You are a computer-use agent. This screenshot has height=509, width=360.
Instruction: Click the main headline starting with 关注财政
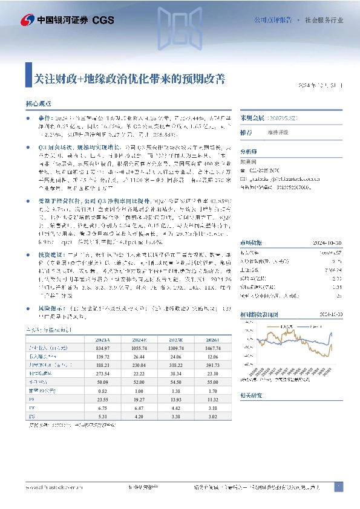tap(129, 79)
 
